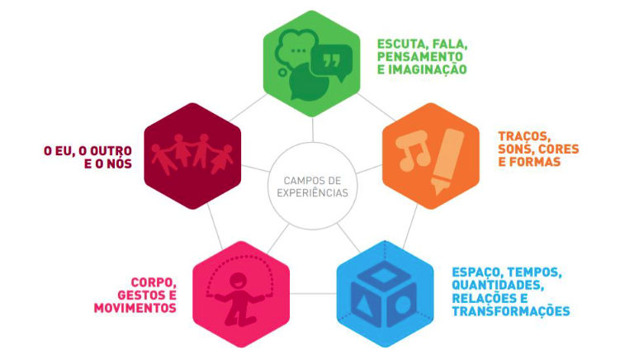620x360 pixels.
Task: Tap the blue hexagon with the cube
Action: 385,293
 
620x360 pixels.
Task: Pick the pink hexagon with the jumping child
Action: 240,293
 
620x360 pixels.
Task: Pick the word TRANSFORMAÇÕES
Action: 511,311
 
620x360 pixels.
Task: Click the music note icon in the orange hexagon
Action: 409,150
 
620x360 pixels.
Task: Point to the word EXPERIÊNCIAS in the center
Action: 310,193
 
